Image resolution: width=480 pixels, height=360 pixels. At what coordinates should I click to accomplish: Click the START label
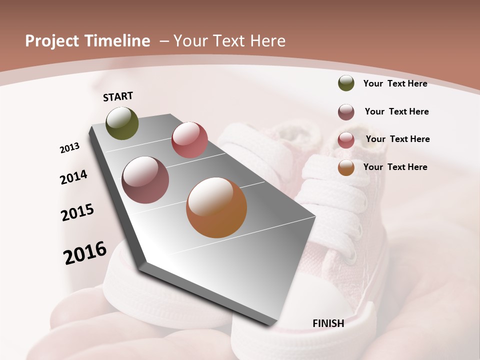pos(118,96)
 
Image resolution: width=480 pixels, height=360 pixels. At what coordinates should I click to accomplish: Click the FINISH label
pos(328,323)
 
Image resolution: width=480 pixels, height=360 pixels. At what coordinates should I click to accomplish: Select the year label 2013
pos(69,148)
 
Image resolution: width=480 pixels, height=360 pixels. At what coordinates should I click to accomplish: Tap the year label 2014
pos(73,177)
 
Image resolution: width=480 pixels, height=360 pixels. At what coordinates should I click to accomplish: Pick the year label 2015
pos(77,212)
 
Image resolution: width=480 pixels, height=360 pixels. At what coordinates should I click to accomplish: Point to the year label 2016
pos(85,253)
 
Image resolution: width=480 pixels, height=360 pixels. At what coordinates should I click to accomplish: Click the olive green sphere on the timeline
pos(122,123)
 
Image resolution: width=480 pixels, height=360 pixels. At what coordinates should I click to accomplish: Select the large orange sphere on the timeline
pos(216,207)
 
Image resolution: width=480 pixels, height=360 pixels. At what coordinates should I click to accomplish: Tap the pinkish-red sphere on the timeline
pos(189,140)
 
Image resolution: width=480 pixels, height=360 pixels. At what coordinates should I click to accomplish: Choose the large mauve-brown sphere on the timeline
pos(145,180)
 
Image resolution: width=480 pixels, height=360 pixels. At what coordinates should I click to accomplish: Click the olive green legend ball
pos(346,83)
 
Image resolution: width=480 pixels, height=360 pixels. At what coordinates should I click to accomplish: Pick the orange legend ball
pos(346,167)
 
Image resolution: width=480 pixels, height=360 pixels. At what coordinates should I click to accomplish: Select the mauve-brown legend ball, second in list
pos(346,112)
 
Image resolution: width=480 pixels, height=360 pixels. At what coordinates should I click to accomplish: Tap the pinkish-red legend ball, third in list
pos(346,140)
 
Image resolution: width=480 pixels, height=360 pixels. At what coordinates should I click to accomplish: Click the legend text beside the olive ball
pos(395,83)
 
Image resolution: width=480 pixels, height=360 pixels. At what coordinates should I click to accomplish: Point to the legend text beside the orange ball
pos(395,167)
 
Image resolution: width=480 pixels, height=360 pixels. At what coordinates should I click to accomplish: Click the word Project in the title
pos(52,41)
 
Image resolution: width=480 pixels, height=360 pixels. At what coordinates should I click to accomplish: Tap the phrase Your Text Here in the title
pos(229,41)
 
